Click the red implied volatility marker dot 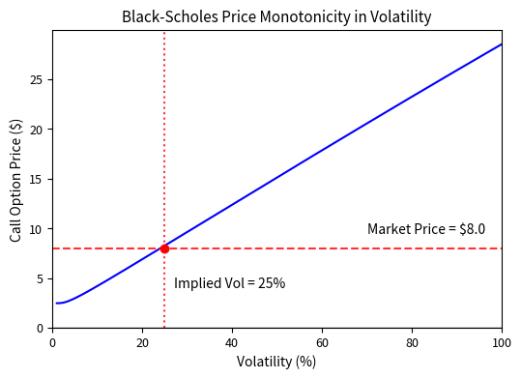[164, 248]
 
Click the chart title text [276, 16]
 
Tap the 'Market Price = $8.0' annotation [425, 229]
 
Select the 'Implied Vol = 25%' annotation [229, 283]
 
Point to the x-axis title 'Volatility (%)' [276, 362]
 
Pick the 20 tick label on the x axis [142, 341]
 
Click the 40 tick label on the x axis [232, 341]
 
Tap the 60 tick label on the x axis [322, 341]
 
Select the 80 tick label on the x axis [412, 341]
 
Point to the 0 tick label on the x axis [52, 341]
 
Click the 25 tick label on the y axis [37, 79]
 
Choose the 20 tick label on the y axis [37, 130]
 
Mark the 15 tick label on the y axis [37, 179]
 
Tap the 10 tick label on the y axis [37, 229]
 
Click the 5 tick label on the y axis [40, 278]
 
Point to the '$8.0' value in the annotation [471, 229]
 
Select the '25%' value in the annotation [272, 283]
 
